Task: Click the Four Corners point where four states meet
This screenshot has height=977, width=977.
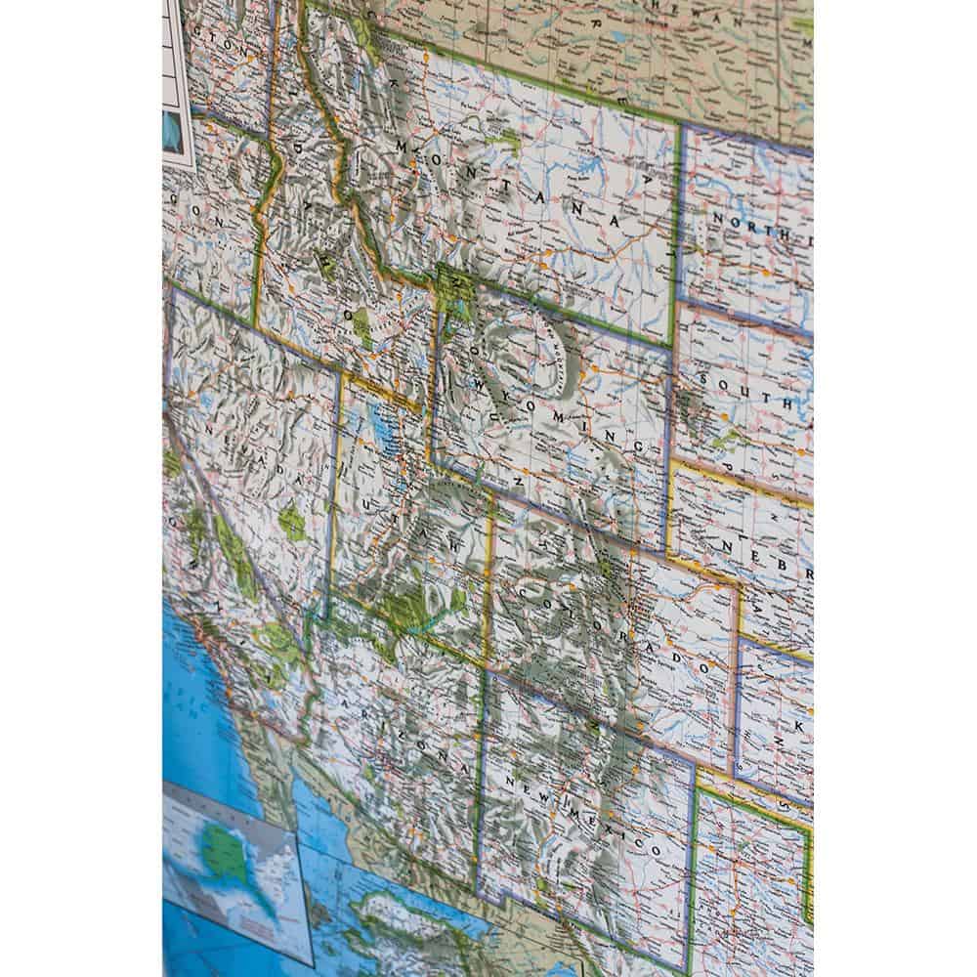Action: [485, 670]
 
